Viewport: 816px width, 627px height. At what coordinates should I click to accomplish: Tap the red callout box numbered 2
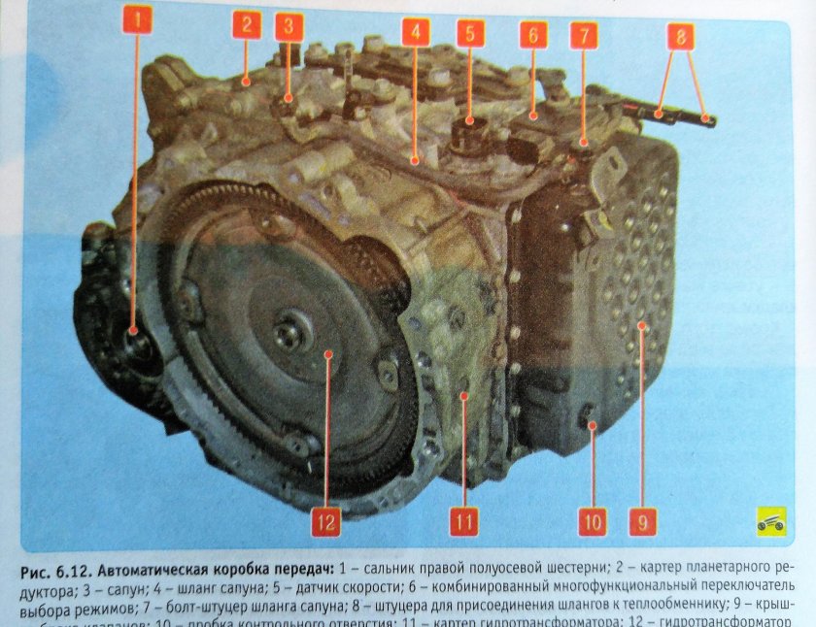[x=247, y=25]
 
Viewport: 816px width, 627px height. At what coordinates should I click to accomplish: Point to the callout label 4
[x=415, y=31]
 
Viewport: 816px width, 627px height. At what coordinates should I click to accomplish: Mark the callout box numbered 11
[x=463, y=522]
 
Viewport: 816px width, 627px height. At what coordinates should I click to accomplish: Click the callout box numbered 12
[x=326, y=522]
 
